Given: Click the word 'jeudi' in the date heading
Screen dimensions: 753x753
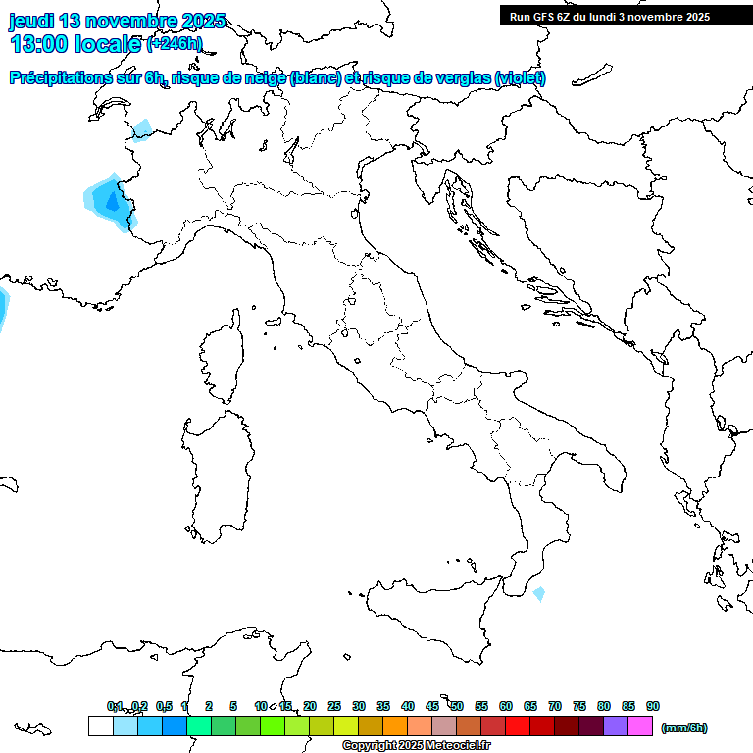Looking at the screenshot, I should pos(33,21).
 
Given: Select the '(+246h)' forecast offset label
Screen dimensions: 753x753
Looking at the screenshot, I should pos(175,44).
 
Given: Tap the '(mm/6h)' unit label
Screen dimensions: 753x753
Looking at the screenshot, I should pos(684,728).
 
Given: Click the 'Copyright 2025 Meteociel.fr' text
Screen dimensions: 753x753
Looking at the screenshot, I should pos(416,746).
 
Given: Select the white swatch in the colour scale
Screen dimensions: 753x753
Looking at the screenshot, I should pos(100,726).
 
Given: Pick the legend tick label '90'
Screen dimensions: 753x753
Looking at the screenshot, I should pos(653,706).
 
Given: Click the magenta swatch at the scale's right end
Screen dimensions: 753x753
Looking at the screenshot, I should pos(640,726).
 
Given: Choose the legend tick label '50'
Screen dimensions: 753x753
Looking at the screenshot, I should pos(457,706).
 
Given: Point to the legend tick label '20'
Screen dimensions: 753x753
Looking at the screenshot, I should pos(310,706).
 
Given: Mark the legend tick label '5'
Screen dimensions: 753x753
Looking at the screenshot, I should pos(233,706).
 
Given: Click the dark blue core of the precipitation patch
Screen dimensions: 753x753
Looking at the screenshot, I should pos(110,203).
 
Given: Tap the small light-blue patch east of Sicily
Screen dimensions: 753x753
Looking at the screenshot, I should pos(538,594).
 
